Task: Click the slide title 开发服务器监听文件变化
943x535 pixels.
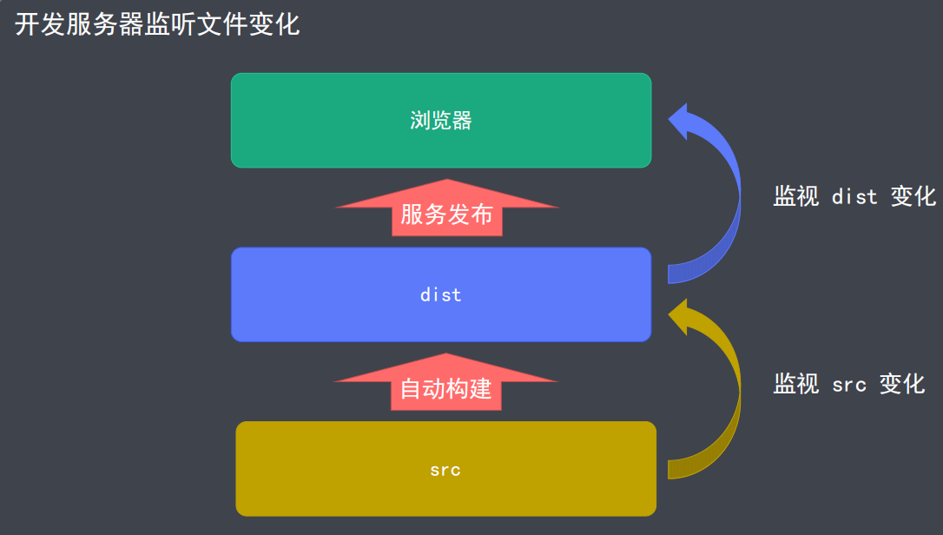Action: (157, 24)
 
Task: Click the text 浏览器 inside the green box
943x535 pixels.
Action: (441, 121)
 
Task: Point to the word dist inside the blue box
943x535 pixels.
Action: (441, 295)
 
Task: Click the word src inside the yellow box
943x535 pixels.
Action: (445, 471)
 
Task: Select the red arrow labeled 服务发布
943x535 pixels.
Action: (446, 208)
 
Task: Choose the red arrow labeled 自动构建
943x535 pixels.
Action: (445, 383)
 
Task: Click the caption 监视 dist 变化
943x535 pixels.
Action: (854, 196)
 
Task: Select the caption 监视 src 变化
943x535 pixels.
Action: (848, 384)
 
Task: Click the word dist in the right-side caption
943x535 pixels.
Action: (854, 197)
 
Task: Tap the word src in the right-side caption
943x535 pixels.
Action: (848, 385)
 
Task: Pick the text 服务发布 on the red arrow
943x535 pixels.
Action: (446, 215)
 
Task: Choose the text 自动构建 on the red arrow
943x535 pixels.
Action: (445, 389)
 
